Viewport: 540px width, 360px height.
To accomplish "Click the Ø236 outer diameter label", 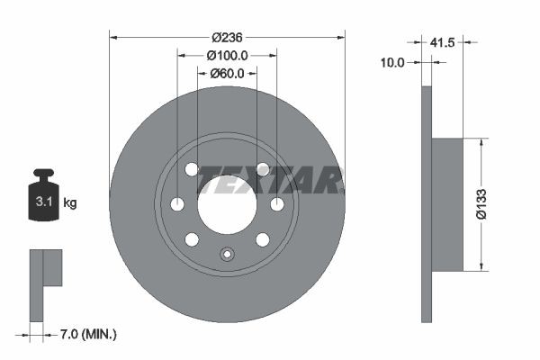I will click(228, 37).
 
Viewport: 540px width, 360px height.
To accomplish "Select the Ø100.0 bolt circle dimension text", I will click(227, 55).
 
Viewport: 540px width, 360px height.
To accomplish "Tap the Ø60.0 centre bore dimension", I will click(227, 73).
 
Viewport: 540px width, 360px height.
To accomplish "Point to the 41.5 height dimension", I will click(442, 41).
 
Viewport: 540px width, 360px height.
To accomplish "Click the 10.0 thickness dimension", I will click(393, 62).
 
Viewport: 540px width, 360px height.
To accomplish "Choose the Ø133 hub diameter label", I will click(507, 204).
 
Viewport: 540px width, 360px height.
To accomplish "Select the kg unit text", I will click(70, 203).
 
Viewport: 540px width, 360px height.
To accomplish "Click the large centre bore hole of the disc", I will click(227, 203).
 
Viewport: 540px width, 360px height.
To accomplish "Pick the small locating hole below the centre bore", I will click(227, 254).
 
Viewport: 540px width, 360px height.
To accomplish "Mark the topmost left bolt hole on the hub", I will click(192, 169).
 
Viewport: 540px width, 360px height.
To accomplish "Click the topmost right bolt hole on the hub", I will click(263, 169).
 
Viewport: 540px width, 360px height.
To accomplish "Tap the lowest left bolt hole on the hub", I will click(192, 238).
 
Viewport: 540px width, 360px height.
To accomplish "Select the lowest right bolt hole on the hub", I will click(263, 238).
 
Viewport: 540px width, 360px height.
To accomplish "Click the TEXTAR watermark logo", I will click(270, 180).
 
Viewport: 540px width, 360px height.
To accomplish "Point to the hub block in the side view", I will click(447, 204).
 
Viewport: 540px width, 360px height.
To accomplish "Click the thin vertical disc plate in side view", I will click(427, 204).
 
